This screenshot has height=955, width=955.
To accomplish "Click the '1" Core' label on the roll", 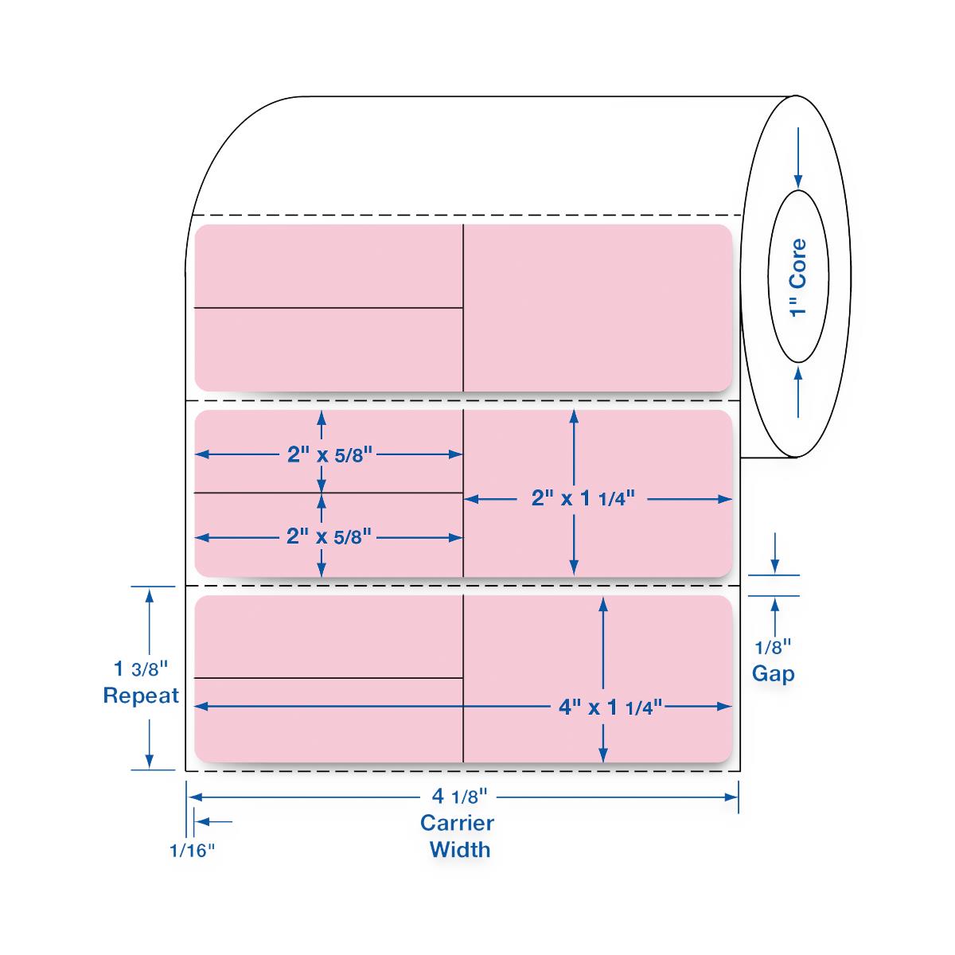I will [798, 277].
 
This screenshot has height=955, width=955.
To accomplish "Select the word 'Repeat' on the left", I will [141, 696].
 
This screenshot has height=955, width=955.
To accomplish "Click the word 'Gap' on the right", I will [773, 674].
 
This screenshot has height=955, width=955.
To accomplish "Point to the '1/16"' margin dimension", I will [192, 850].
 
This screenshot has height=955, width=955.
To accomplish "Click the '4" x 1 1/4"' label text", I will [610, 707].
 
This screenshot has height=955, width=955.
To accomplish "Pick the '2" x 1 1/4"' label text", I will [583, 499].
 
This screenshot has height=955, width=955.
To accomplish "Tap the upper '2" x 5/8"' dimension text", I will [329, 454].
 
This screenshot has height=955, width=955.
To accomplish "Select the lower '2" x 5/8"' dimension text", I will [329, 537].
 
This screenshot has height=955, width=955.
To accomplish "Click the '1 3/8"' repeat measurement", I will [142, 666].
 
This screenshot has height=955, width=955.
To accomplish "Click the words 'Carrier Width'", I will [458, 836].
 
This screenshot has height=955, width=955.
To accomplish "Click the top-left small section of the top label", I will [329, 266].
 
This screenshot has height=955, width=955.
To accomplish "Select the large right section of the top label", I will [597, 308].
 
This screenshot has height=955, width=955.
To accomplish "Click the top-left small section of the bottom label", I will [329, 636].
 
